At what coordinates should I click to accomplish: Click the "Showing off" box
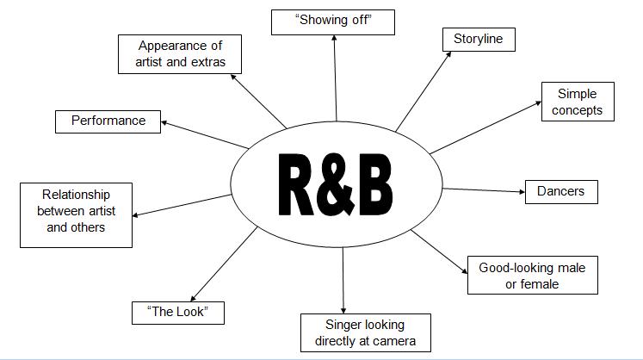coord(333,22)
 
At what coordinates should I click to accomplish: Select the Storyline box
coord(479,40)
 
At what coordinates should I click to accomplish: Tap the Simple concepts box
coord(578,102)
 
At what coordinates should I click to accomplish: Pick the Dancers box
coord(561,192)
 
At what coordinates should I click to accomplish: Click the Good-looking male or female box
coord(533,275)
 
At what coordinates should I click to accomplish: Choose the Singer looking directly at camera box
coord(366,333)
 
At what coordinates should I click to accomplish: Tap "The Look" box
coord(178,313)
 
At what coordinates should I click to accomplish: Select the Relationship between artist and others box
coord(77,215)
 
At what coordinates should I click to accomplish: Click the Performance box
coord(108,121)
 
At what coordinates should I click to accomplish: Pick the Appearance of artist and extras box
coord(180,54)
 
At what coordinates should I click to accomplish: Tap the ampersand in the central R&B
coord(337,184)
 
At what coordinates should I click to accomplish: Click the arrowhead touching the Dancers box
coord(522,192)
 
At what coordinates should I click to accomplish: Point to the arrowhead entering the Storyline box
coord(448,54)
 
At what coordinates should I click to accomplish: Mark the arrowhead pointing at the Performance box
coord(164,122)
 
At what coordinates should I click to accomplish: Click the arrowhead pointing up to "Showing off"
coord(334,38)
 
